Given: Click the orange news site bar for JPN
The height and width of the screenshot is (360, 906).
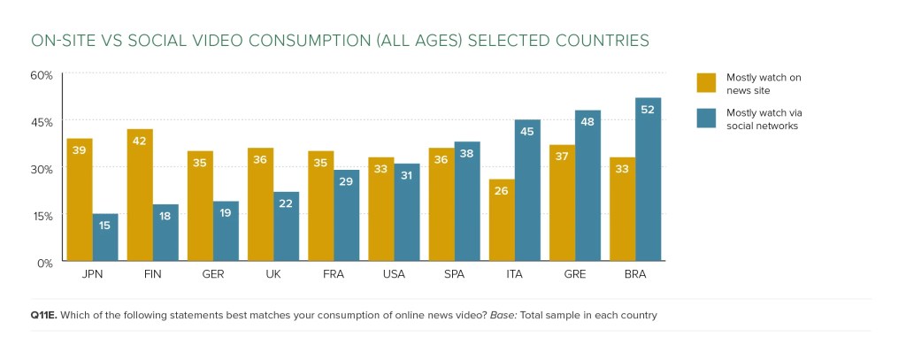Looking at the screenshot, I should point(80,200).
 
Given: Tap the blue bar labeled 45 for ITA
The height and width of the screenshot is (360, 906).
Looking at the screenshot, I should point(527,190).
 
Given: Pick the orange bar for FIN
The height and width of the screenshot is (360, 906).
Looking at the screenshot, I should point(140,195).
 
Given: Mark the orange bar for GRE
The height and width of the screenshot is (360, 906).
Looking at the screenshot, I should point(563,203).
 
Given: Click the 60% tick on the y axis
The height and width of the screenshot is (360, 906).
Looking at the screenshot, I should point(42,74).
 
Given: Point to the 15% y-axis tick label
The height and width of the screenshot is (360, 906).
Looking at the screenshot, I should point(42,216).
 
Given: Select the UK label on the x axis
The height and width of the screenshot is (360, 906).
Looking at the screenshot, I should point(273,275).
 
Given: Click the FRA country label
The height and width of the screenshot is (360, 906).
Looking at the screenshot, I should point(334,275).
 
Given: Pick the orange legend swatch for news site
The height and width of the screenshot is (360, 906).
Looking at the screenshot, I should point(706,82).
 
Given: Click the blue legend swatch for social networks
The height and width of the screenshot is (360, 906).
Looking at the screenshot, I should point(706,119).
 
